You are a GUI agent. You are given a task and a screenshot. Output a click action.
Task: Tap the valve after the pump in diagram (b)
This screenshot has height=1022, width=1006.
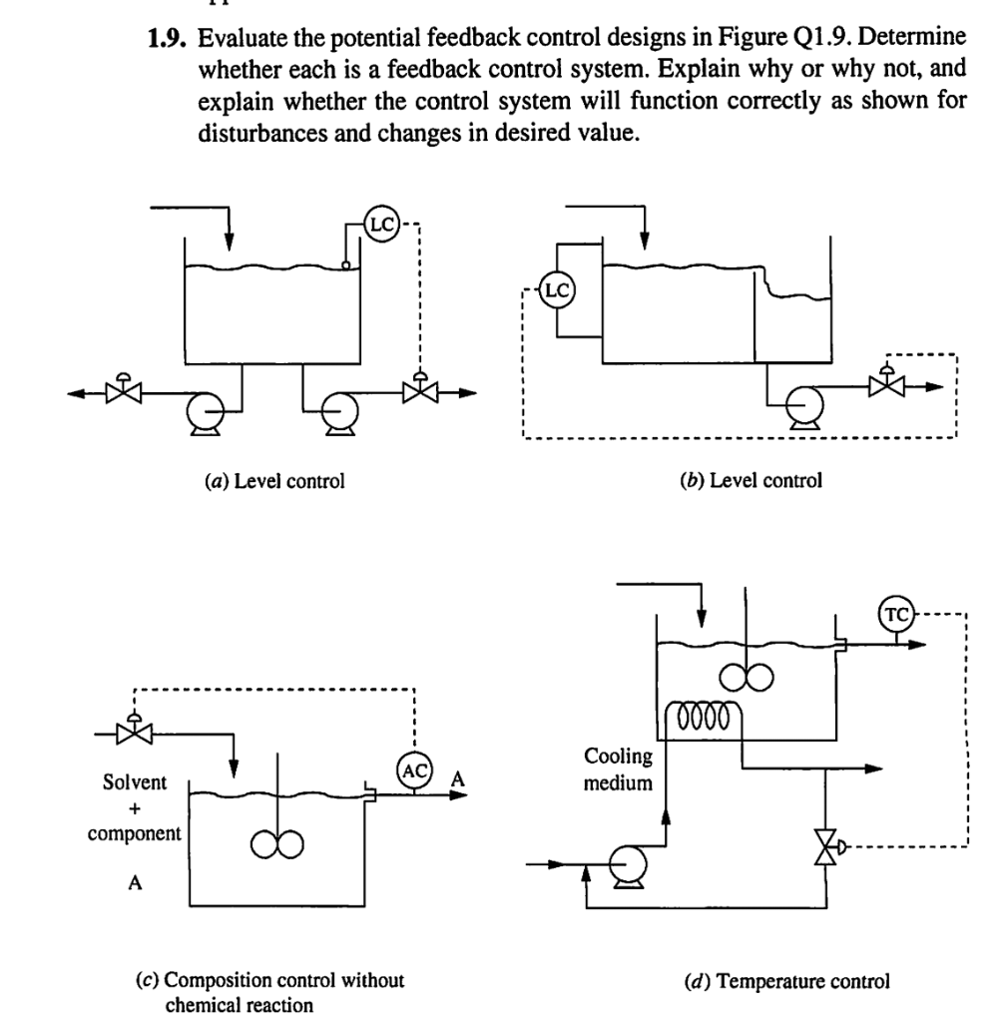[x=882, y=384]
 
